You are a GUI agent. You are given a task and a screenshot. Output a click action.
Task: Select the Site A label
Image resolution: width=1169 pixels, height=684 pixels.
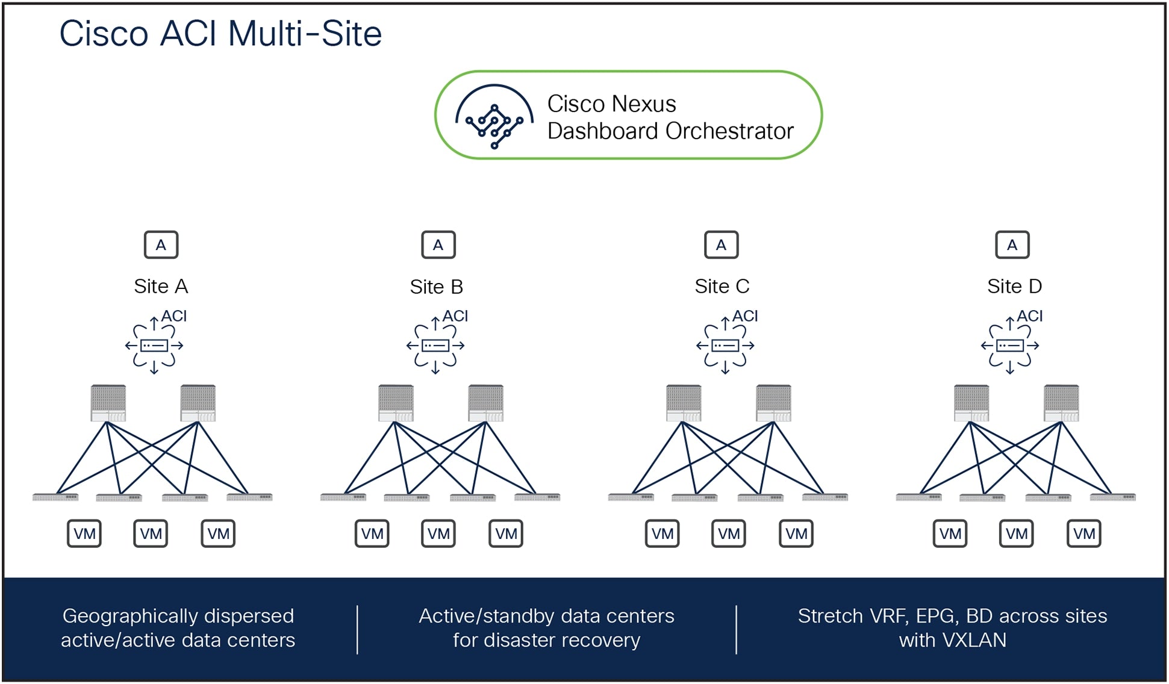coord(161,287)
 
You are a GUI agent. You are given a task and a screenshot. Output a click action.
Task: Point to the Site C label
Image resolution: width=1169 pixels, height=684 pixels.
coord(722,287)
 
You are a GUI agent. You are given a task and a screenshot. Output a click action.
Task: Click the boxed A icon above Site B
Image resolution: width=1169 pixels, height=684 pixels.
coord(438,245)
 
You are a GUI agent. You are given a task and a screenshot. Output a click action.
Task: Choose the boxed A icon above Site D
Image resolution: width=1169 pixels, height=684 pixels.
coord(1012,245)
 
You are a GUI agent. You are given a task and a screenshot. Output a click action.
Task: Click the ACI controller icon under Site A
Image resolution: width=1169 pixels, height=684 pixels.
coord(154,346)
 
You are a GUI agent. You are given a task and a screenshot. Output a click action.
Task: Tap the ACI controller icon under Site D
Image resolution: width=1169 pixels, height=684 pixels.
coord(1010,346)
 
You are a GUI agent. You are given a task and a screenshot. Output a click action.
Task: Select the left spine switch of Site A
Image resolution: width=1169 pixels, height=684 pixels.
coord(108,403)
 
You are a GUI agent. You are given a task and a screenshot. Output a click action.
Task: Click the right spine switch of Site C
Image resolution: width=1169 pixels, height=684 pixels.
coord(773,403)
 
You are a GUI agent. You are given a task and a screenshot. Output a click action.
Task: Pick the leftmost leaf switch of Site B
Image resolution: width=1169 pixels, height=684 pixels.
coord(343,497)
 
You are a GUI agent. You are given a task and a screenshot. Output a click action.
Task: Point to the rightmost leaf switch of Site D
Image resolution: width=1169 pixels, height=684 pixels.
coord(1112,497)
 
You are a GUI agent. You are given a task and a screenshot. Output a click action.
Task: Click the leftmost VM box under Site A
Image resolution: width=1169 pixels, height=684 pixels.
coord(84,533)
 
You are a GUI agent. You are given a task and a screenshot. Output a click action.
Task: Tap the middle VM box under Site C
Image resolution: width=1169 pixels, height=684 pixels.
coord(729,533)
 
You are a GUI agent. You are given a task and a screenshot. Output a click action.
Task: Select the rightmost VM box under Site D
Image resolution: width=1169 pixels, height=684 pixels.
coord(1083,533)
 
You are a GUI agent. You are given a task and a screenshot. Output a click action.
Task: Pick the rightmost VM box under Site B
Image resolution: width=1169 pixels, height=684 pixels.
coord(506,533)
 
